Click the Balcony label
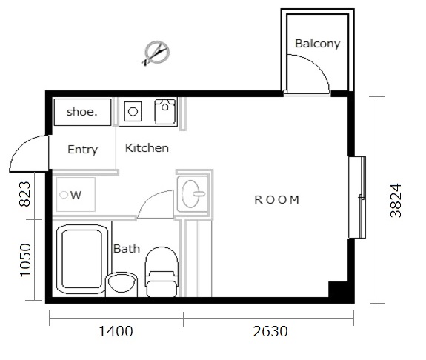click(x=317, y=44)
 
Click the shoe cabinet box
click(x=82, y=112)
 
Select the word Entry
click(x=82, y=150)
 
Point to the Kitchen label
click(x=147, y=148)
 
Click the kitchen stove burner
click(x=133, y=111)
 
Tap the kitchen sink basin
click(x=165, y=112)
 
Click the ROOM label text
click(x=277, y=200)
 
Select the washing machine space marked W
click(x=76, y=195)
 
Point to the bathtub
click(x=81, y=259)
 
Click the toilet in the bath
click(x=162, y=272)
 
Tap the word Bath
click(x=127, y=249)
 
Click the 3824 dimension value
click(x=396, y=201)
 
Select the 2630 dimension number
click(x=270, y=331)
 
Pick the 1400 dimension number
click(x=116, y=331)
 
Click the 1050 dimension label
click(x=26, y=260)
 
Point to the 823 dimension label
click(x=25, y=194)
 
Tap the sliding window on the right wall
click(x=357, y=198)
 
